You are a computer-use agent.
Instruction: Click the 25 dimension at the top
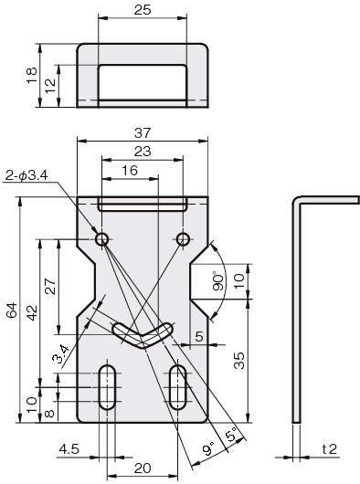143,10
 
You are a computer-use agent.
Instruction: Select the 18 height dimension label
32,75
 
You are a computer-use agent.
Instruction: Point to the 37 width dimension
143,133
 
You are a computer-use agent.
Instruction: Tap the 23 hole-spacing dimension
143,152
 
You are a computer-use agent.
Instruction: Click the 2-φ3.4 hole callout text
26,175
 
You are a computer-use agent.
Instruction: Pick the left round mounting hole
102,239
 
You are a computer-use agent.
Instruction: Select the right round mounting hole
184,239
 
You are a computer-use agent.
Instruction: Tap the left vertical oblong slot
107,387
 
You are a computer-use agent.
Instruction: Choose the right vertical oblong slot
178,387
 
